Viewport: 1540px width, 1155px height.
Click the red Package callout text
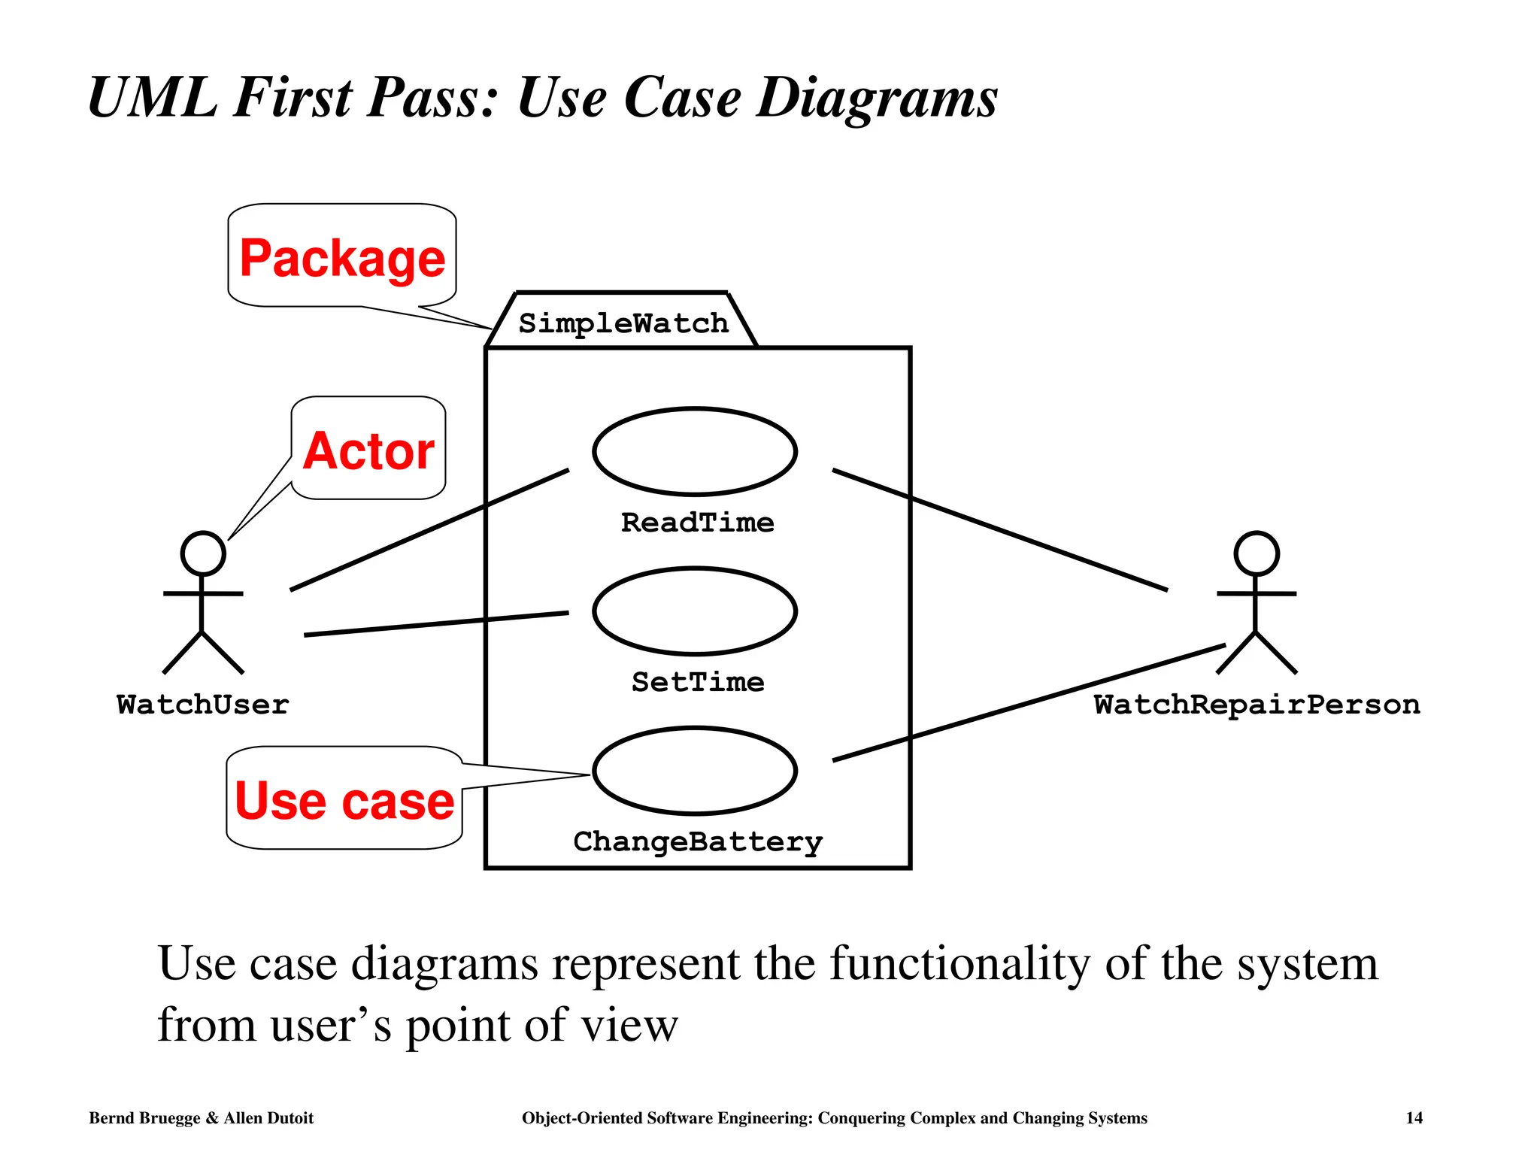(342, 259)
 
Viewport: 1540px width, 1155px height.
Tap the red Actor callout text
(368, 451)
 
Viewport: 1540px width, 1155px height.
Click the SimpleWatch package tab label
(623, 323)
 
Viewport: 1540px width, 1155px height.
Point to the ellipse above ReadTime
(695, 451)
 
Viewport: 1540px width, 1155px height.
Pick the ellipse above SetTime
(695, 611)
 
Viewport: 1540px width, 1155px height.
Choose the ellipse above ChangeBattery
(695, 771)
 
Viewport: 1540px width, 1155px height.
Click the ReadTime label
(697, 523)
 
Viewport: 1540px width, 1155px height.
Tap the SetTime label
(698, 682)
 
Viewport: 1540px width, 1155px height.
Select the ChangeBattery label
(698, 841)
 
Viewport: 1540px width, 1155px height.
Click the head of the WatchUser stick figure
(203, 554)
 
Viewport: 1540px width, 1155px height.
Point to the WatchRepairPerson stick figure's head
(1257, 554)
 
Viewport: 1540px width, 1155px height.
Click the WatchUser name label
(203, 705)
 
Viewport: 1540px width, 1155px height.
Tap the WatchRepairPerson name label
(1257, 705)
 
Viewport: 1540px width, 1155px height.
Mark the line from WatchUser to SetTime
(436, 624)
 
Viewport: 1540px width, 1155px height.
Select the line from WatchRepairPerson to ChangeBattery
(1030, 702)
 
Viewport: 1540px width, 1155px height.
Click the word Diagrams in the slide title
(877, 98)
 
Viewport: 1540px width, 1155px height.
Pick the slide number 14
(1414, 1118)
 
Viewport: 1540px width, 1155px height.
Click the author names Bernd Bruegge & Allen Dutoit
(201, 1118)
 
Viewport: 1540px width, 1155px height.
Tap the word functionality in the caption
(959, 964)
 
